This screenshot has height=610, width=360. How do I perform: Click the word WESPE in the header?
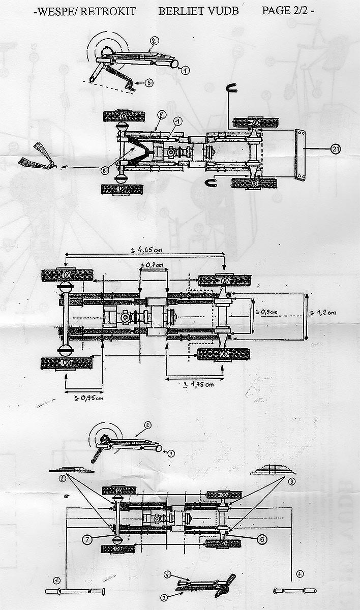tap(54, 11)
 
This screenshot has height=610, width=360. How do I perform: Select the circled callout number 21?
tap(335, 148)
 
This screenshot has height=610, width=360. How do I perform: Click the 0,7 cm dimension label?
tap(154, 265)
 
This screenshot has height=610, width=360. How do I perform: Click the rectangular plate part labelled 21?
tap(300, 154)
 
